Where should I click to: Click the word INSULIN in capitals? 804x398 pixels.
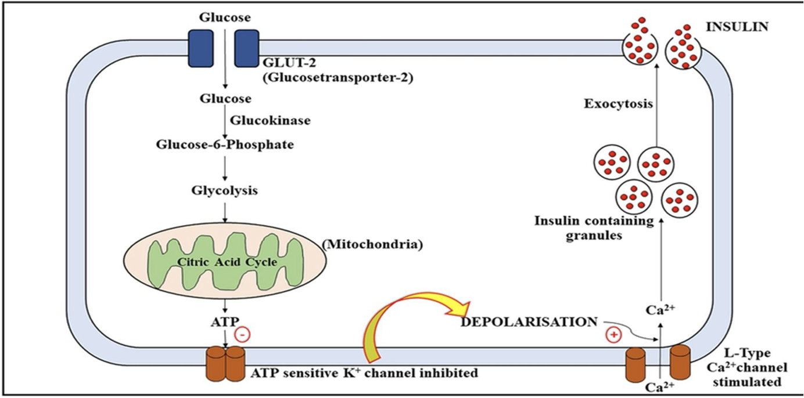pos(737,26)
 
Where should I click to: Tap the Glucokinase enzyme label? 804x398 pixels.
pos(270,121)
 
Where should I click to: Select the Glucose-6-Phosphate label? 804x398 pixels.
pos(224,144)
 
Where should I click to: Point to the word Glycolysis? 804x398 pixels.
pos(225,190)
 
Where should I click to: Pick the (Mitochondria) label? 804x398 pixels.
pos(372,244)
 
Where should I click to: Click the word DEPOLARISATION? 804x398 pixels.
pos(529,321)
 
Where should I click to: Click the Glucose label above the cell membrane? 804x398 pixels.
pos(225,17)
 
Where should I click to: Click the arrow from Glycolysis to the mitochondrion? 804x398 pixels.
pos(225,210)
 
